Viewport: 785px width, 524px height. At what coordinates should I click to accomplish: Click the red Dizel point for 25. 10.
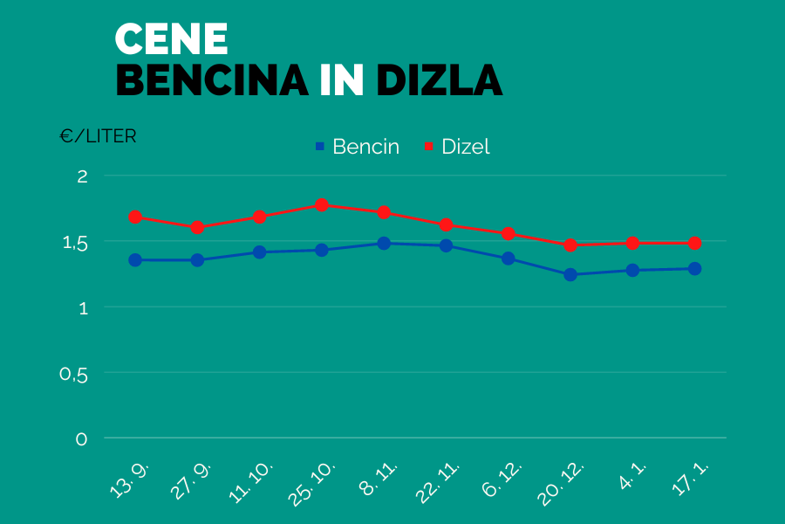(322, 205)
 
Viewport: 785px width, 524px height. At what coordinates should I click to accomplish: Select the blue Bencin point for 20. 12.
(570, 275)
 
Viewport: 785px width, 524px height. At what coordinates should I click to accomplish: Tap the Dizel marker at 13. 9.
(135, 217)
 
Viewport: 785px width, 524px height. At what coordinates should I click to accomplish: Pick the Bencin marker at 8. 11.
(384, 244)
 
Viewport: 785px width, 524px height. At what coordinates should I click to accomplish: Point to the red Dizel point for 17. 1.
(694, 243)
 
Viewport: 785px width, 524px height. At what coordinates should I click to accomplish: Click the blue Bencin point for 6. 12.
(509, 259)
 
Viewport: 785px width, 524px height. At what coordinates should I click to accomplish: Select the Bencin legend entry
(357, 147)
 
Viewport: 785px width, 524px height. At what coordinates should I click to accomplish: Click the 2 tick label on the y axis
(83, 176)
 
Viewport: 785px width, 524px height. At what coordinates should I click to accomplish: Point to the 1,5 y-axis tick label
(77, 242)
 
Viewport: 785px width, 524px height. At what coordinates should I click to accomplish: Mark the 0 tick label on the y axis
(82, 439)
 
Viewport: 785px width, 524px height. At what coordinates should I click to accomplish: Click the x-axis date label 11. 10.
(253, 481)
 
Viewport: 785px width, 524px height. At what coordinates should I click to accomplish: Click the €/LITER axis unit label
(98, 137)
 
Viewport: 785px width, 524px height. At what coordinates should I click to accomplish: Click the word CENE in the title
(171, 39)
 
